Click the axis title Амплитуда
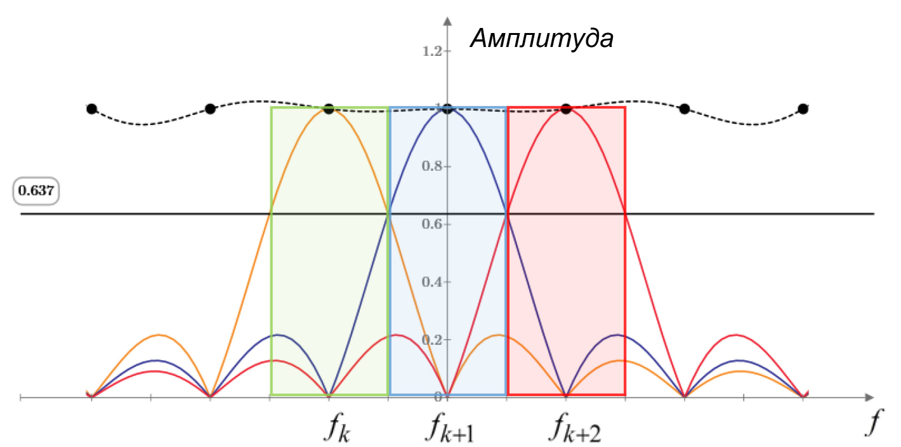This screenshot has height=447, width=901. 541,39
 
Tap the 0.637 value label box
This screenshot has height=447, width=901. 36,190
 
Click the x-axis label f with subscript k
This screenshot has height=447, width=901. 338,430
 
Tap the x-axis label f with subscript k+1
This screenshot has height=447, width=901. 451,430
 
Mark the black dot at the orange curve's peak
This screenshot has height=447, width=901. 329,109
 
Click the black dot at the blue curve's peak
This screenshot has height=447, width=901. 447,109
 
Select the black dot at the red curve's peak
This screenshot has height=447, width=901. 566,109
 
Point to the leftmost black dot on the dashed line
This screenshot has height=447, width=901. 91,109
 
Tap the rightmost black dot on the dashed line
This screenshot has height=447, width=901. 803,109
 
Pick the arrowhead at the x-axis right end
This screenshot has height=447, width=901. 869,397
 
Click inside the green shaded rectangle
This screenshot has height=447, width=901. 298,286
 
